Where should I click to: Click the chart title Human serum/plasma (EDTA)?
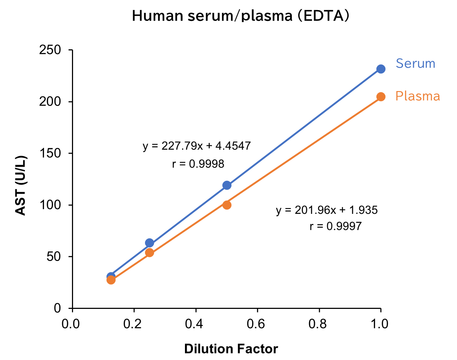tap(240, 16)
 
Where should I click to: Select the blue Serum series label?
tap(415, 63)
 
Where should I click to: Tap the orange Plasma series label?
tap(417, 96)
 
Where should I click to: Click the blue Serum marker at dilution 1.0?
tap(381, 69)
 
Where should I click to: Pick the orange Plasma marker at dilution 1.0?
tap(381, 96)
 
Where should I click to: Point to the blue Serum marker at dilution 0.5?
tap(227, 185)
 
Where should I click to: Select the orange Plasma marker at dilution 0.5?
tap(227, 205)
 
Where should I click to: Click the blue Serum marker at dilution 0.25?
tap(149, 243)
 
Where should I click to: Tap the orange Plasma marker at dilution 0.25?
tap(149, 252)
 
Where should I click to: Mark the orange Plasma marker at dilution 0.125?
tap(111, 280)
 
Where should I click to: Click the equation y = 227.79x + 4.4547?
tap(196, 146)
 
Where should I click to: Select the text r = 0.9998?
tap(198, 164)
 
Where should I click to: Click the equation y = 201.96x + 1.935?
tap(327, 210)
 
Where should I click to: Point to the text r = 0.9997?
tap(335, 226)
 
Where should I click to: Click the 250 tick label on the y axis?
tap(50, 50)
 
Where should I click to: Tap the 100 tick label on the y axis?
tap(50, 205)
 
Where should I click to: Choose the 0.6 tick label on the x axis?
tap(257, 324)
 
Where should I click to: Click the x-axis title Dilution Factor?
tap(231, 349)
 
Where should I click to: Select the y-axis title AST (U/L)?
tap(21, 185)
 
